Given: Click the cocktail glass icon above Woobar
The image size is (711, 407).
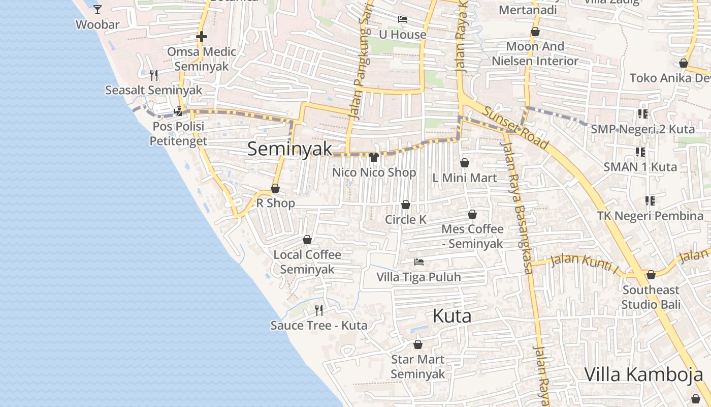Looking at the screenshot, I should point(98,9).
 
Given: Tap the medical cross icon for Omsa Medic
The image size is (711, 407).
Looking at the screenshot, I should point(202,37).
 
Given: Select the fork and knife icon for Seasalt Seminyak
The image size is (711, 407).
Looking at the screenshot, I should point(154,75).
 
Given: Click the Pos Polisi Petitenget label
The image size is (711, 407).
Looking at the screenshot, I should point(178,133).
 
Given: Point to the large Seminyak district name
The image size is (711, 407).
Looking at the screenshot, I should point(289,149).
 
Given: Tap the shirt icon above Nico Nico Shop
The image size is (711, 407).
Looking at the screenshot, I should point(374,157).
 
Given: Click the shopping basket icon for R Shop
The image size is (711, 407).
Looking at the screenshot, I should point(275,189).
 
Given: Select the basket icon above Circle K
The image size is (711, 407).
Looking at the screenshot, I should point(406,205).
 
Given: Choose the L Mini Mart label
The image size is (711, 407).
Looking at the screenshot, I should point(464,178).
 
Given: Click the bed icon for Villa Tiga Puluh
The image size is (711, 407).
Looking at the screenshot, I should point(419,262).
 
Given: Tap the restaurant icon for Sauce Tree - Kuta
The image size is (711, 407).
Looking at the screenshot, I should point(319,310).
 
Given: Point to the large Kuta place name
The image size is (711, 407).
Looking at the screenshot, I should point(452,316).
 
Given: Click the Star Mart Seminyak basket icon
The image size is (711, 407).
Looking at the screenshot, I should point(418,345).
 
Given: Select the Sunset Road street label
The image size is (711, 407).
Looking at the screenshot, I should point(515,128).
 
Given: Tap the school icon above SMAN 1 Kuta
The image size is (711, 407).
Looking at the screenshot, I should point(640,152).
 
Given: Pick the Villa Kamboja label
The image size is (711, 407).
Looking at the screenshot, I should point(643,374).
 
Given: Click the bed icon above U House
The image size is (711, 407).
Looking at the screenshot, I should point(403,19).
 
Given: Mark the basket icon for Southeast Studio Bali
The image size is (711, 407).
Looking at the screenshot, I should point(651,275).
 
